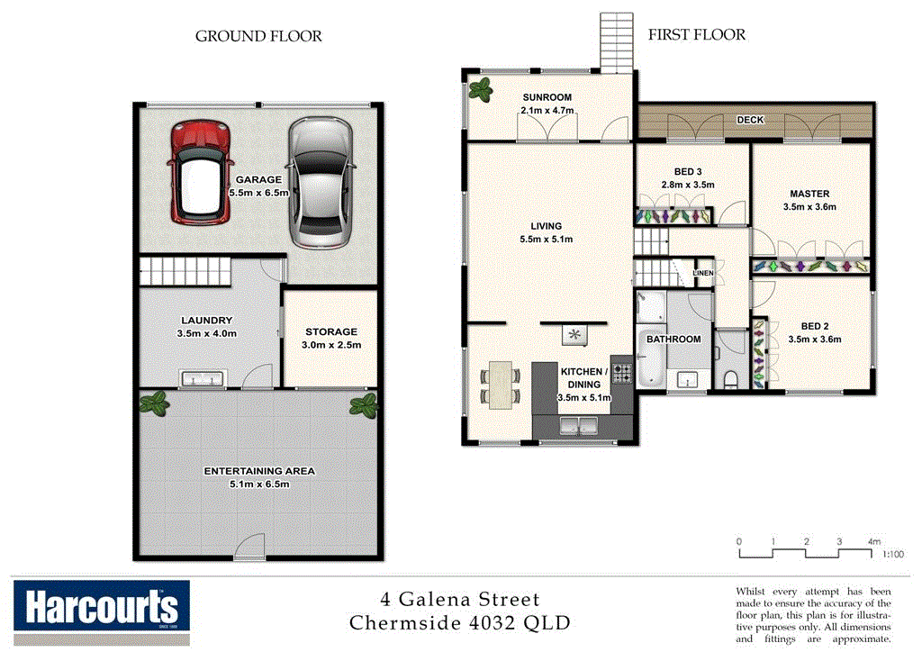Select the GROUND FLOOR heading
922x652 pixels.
click(x=258, y=37)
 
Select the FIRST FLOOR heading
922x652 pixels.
click(x=696, y=35)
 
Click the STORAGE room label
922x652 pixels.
click(x=330, y=332)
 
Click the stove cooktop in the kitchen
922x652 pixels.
click(x=622, y=370)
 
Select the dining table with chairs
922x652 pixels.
click(x=499, y=384)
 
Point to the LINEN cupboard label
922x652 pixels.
click(x=703, y=272)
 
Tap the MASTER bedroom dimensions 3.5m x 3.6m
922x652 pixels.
click(x=809, y=206)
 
